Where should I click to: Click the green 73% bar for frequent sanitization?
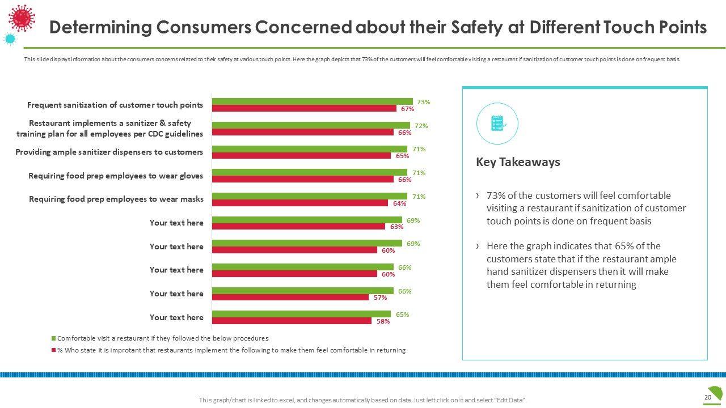312,101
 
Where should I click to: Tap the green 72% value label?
421,125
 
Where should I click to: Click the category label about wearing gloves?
116,176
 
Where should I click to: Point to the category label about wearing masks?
116,199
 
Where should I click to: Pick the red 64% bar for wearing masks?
299,203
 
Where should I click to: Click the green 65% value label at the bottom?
402,314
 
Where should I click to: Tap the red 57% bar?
290,297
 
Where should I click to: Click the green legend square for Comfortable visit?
54,338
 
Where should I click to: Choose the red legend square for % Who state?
54,350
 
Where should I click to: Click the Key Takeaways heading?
518,162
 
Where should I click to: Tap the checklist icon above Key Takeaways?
497,123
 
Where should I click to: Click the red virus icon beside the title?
22,18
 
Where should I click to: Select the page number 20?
707,397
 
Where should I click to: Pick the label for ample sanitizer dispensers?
109,152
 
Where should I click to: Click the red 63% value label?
396,227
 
